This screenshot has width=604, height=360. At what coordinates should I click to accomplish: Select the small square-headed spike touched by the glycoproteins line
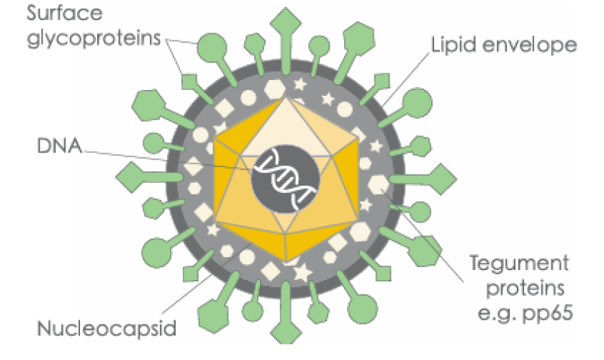(189, 81)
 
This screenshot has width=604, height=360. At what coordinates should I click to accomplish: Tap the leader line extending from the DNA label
(166, 158)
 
